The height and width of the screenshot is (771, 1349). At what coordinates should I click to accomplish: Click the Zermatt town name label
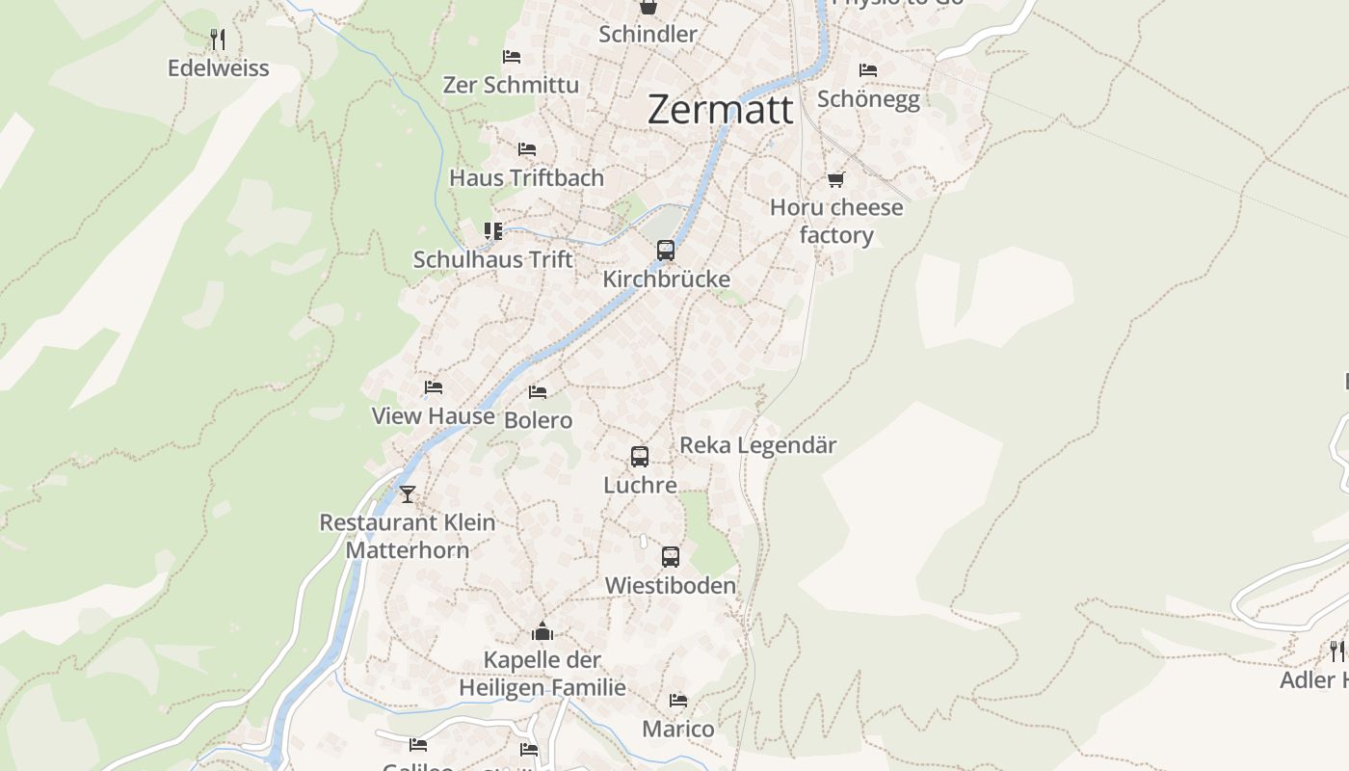(x=721, y=109)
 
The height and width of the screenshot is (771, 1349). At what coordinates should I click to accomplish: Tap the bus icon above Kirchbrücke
(x=666, y=251)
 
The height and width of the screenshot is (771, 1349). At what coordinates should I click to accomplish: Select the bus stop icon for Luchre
(x=640, y=457)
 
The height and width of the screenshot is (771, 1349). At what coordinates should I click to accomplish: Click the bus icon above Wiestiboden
(x=671, y=557)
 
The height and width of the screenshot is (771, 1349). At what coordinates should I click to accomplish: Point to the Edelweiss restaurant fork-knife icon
(x=219, y=40)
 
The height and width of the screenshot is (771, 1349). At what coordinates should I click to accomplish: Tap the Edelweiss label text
(x=219, y=68)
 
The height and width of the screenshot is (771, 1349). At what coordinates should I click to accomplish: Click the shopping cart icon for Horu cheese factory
(x=836, y=179)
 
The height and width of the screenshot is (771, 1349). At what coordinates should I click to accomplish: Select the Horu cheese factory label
(x=836, y=221)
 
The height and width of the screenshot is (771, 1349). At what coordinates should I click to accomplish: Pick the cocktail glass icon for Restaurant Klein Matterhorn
(x=408, y=494)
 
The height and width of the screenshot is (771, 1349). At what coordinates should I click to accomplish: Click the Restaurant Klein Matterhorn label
(x=408, y=536)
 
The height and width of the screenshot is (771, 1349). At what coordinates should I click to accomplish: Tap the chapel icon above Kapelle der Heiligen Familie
(x=542, y=632)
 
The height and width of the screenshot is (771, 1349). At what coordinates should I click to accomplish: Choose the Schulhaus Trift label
(x=492, y=259)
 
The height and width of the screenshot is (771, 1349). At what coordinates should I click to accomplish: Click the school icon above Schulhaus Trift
(x=493, y=231)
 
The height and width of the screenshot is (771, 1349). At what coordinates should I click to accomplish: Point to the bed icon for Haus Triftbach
(x=526, y=149)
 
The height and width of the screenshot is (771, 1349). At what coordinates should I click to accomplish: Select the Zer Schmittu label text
(x=511, y=85)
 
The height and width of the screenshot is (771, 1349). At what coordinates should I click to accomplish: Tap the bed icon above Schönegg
(x=868, y=70)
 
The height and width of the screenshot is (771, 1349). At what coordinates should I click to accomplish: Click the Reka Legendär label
(x=758, y=445)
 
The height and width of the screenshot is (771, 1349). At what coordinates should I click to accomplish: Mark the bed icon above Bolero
(x=538, y=392)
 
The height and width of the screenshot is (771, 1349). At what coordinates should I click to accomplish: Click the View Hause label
(x=434, y=416)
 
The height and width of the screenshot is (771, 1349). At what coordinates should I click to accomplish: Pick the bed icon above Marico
(x=678, y=701)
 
